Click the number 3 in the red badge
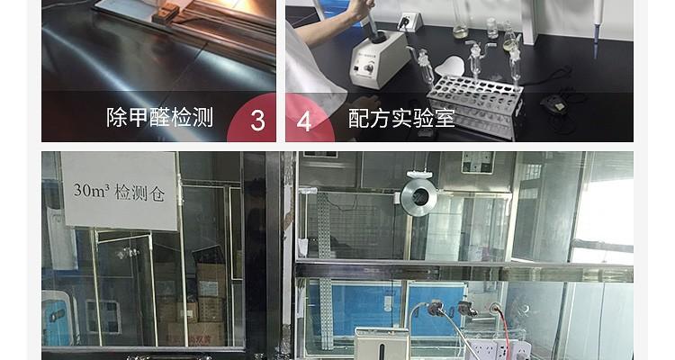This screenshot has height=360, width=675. coord(257,121)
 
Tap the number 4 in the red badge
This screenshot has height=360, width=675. coord(304,121)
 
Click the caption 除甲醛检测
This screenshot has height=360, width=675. coord(159,118)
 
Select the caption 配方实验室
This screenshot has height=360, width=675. coord(401,118)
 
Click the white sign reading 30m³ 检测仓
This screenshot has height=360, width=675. coord(120,190)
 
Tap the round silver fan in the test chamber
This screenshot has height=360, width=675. coord(418,197)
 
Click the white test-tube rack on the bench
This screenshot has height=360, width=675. coord(473,103)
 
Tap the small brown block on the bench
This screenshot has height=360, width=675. coord(166,13)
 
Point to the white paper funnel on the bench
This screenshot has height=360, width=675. coord(451,65)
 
